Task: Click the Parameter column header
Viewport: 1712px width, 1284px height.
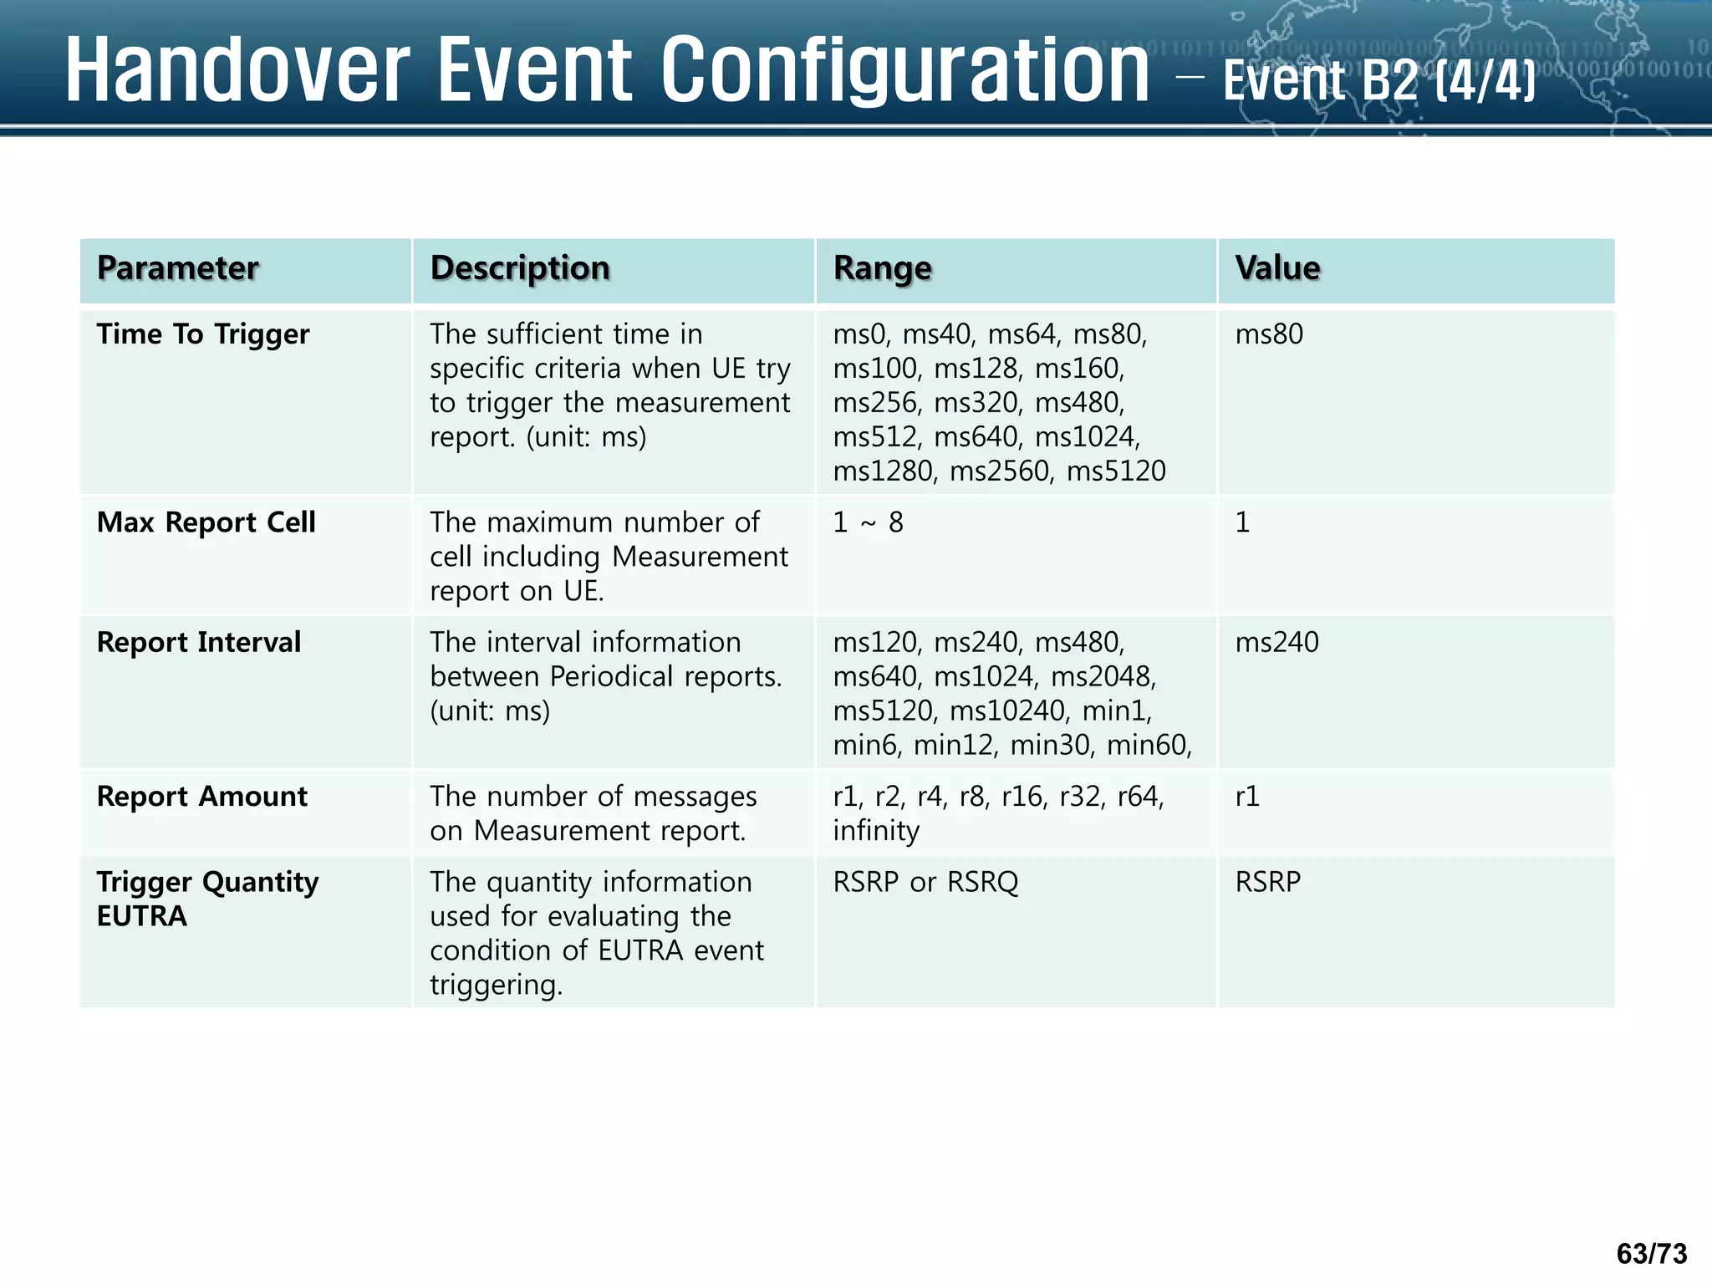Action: [177, 268]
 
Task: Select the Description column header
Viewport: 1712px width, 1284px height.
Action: [519, 268]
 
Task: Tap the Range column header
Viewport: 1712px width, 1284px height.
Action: [882, 268]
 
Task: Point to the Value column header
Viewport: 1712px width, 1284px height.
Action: [1277, 268]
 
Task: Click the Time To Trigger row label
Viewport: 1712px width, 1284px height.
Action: [202, 334]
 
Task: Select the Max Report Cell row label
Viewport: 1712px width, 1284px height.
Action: [206, 522]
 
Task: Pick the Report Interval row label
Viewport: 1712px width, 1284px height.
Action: [198, 643]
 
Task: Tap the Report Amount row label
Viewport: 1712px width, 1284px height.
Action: [201, 797]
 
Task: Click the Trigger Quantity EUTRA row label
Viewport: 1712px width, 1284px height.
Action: [206, 899]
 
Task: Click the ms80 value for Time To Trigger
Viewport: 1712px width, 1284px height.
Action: [1268, 334]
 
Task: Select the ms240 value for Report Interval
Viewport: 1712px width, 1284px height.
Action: [1276, 643]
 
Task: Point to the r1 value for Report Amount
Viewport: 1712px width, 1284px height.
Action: [1246, 797]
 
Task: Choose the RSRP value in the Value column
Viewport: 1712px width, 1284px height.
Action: [1267, 882]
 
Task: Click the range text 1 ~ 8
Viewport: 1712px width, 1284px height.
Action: [868, 522]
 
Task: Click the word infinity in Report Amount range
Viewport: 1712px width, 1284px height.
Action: [875, 831]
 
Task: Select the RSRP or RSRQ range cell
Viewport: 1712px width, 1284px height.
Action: [925, 882]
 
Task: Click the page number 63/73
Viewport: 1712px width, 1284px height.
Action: [1651, 1253]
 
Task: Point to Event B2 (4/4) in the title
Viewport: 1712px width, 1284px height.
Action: [1379, 81]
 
